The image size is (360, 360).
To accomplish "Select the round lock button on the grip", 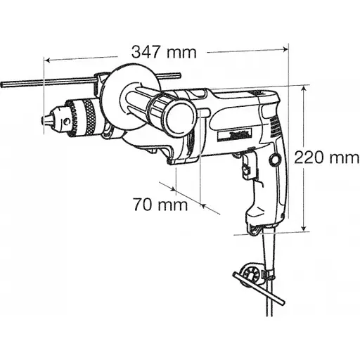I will [x=271, y=161].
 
